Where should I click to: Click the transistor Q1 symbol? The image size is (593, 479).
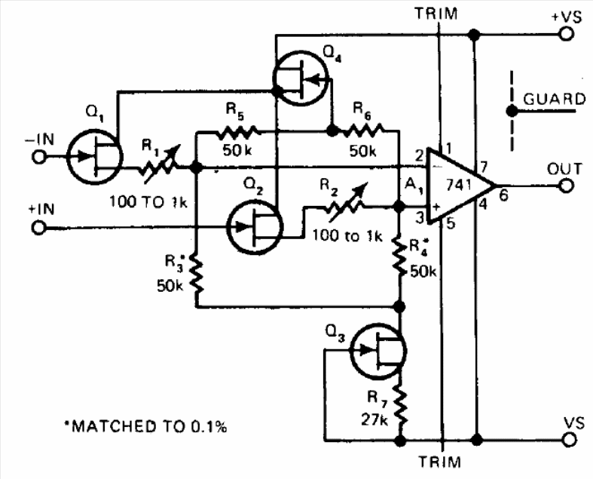tap(94, 157)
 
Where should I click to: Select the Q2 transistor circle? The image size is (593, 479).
tap(255, 227)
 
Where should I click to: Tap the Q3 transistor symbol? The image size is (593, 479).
tap(378, 351)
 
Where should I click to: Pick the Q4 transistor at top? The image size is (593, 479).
tap(300, 78)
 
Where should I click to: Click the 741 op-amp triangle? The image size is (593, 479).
tap(460, 186)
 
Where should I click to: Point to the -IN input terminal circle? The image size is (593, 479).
tap(38, 156)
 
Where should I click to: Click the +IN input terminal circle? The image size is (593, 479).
tap(38, 228)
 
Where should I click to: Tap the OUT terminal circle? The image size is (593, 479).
tap(566, 186)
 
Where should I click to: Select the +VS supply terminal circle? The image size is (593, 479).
tap(566, 35)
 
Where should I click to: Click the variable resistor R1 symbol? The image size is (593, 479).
tap(160, 165)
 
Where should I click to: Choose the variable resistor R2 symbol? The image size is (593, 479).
tap(346, 204)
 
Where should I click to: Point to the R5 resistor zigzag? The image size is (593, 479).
tap(237, 131)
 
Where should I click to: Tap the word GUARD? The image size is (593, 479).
tap(554, 99)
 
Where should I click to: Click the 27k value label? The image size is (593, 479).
tap(374, 420)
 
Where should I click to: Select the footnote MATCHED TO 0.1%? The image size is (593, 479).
tap(145, 426)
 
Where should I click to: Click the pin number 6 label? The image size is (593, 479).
tap(503, 196)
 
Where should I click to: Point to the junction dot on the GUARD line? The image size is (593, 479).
tap(512, 112)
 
